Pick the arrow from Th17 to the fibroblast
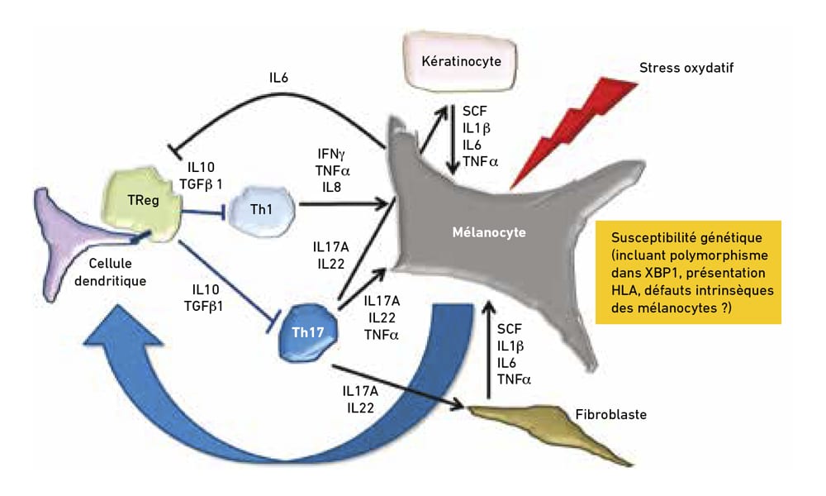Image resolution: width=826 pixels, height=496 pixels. click(x=396, y=386)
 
